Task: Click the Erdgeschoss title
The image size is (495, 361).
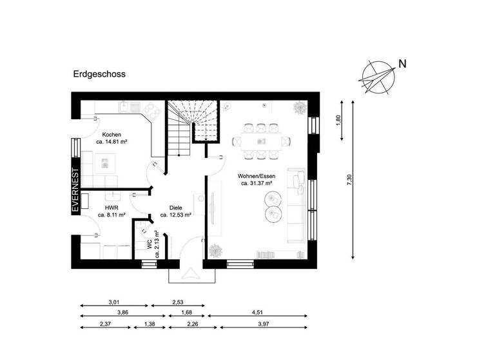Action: coord(99,74)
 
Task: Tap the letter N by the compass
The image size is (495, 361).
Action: coord(403,64)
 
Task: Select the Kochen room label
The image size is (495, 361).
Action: coord(102,135)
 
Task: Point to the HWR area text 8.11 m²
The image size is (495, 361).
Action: coord(112,216)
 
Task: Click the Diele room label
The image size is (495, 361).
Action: coord(175,208)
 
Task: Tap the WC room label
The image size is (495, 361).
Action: coord(150,245)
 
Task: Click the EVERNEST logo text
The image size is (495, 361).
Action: coord(75,191)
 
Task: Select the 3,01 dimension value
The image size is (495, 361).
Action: coord(113,301)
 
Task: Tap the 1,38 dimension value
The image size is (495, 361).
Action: coord(150,324)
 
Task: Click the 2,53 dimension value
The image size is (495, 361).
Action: coord(178,301)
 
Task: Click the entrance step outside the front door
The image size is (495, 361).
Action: coord(192,275)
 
